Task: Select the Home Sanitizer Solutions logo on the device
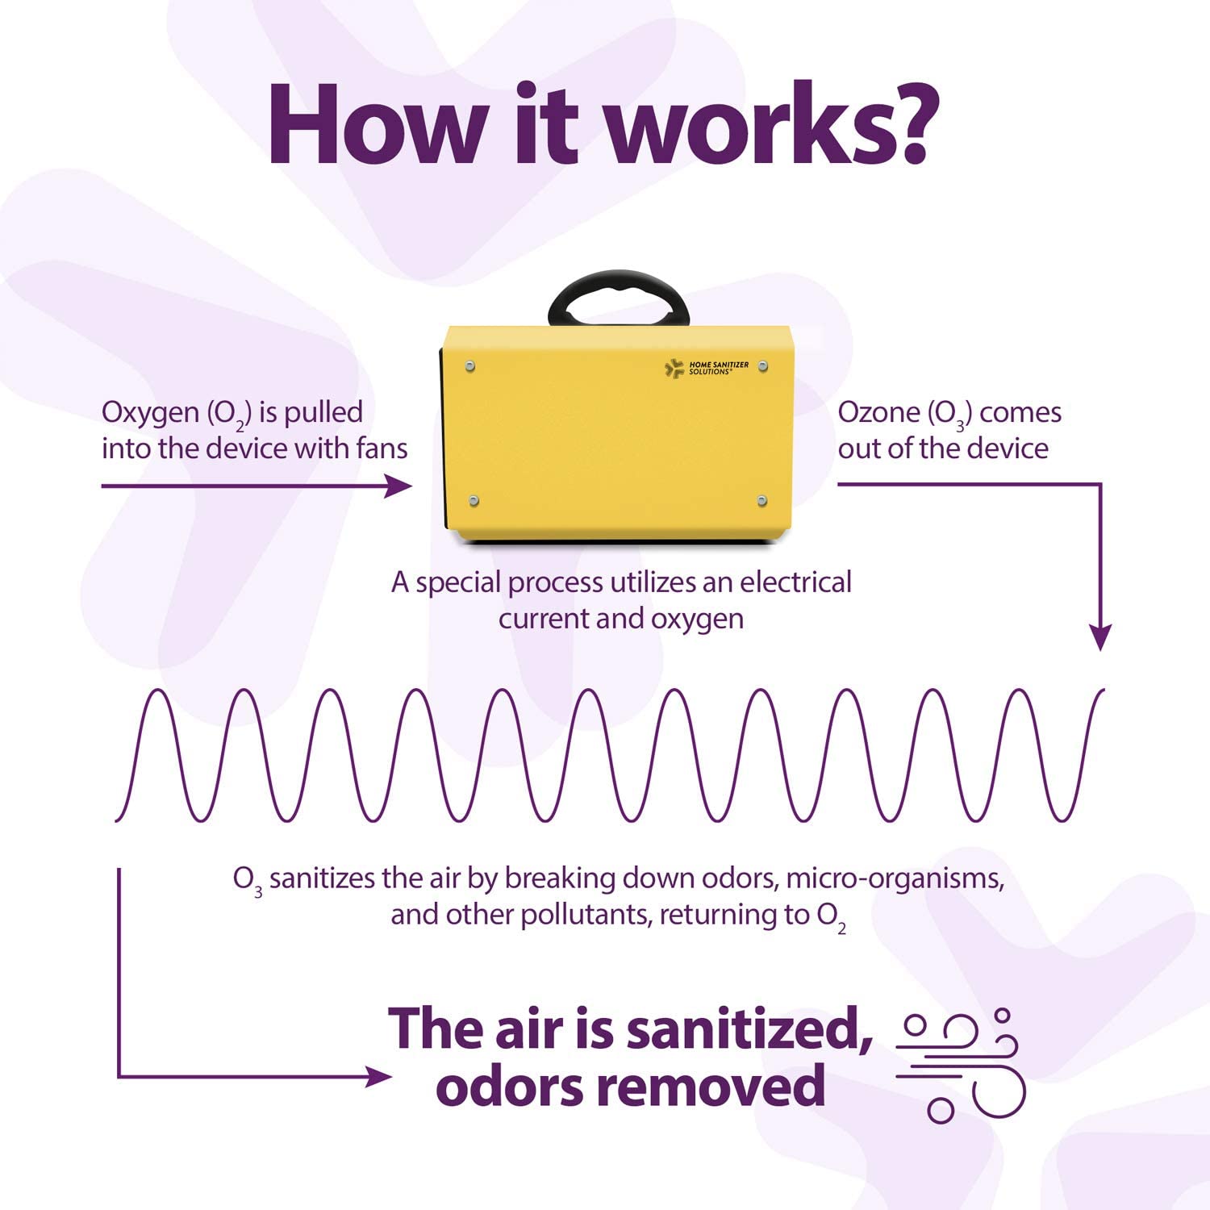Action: (x=707, y=369)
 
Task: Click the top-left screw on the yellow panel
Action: (x=470, y=367)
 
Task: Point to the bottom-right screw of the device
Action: (x=762, y=502)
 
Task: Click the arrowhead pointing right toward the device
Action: (x=398, y=486)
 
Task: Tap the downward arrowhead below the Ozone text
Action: (x=1099, y=637)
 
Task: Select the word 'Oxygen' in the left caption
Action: (x=150, y=413)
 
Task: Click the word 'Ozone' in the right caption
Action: (x=878, y=413)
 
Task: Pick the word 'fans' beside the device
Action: (x=382, y=449)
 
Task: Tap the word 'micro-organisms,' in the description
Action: (x=895, y=878)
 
